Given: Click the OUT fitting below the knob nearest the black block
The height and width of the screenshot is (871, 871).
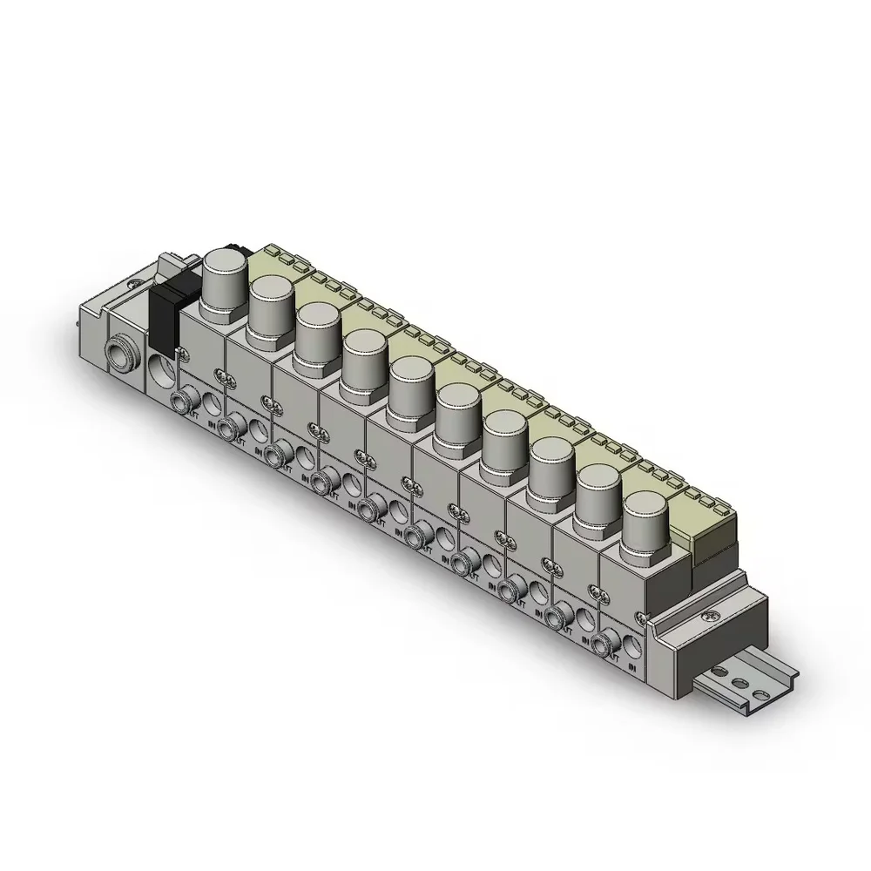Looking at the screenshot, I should click(x=182, y=402).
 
